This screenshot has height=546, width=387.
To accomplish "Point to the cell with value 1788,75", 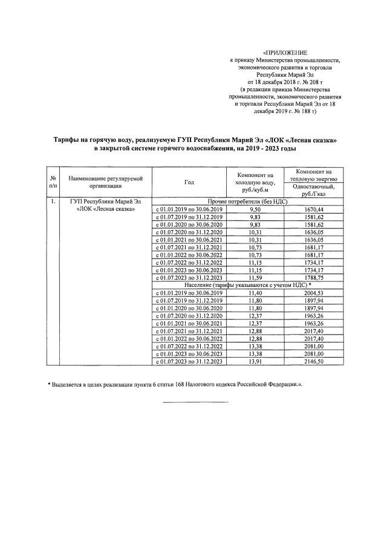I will point(313,277).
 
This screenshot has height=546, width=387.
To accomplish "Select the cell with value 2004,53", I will point(313,292).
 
